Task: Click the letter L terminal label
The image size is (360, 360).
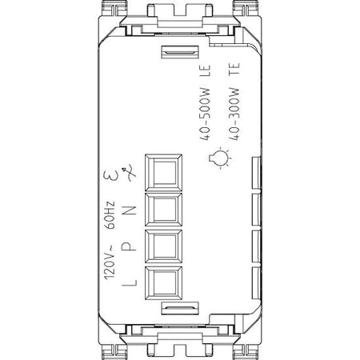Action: [x=130, y=282]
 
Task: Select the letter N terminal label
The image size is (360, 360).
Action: [x=130, y=210]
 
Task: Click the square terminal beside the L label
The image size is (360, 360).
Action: [x=164, y=283]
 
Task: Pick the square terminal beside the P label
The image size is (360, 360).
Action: [x=164, y=246]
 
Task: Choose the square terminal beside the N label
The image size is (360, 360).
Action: [x=164, y=210]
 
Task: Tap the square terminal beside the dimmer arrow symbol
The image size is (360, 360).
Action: [x=164, y=173]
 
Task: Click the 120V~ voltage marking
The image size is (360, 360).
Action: [x=110, y=262]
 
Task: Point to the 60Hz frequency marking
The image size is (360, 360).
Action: [x=110, y=215]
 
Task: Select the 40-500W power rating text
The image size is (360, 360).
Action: [x=205, y=114]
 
